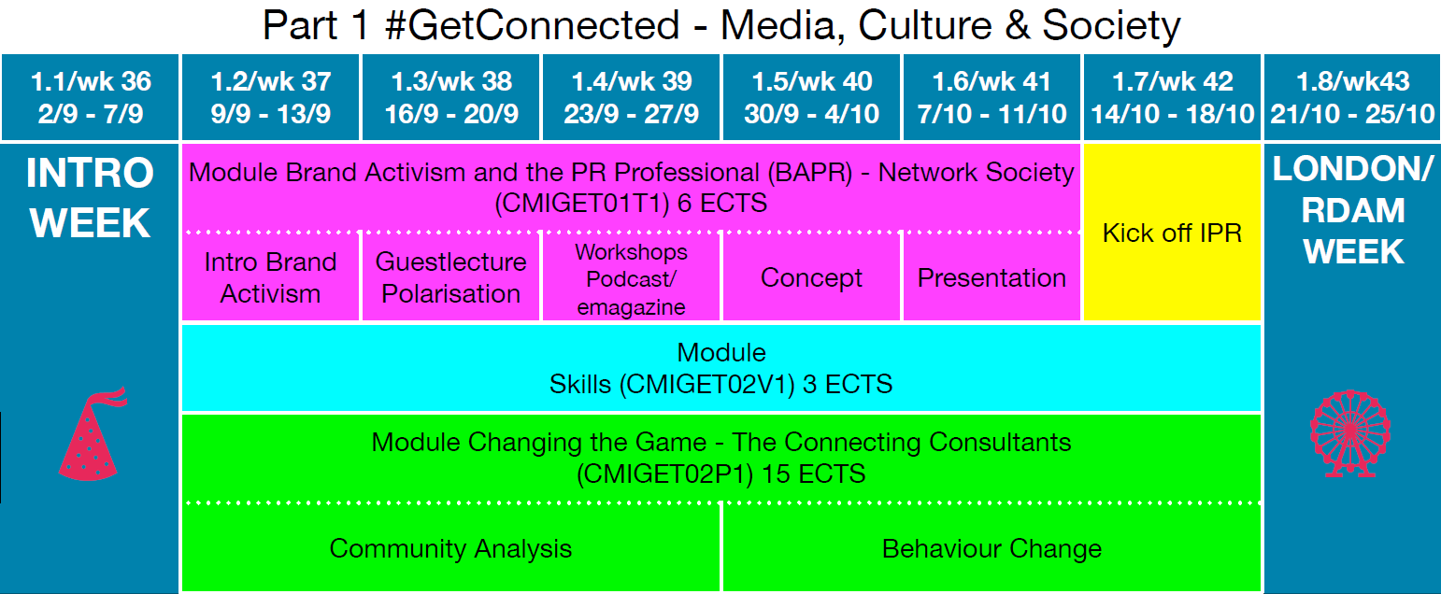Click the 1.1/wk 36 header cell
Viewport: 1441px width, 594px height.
tap(90, 97)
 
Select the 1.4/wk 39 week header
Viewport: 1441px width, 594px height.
tap(631, 97)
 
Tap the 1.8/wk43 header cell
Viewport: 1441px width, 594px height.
tap(1352, 97)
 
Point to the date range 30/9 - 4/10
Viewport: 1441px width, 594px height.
tap(812, 115)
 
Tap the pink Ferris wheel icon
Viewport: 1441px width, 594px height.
tap(1350, 433)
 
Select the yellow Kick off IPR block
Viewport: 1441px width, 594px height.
tap(1172, 232)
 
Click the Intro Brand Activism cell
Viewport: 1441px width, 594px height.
tap(270, 277)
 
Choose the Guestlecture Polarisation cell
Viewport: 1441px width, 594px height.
tap(451, 277)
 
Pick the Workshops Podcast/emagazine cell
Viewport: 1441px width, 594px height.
tap(631, 277)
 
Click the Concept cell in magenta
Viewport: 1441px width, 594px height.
tap(812, 277)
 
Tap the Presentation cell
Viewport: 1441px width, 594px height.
tap(992, 277)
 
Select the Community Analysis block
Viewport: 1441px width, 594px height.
tap(451, 547)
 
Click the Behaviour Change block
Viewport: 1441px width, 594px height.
tap(992, 547)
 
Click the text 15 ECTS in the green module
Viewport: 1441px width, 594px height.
tap(814, 474)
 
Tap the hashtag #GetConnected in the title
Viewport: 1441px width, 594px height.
tap(532, 25)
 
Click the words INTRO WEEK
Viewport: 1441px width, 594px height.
tap(90, 198)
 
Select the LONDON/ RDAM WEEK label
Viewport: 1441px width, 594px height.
tap(1352, 210)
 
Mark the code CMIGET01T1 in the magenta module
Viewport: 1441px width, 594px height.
tap(581, 204)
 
